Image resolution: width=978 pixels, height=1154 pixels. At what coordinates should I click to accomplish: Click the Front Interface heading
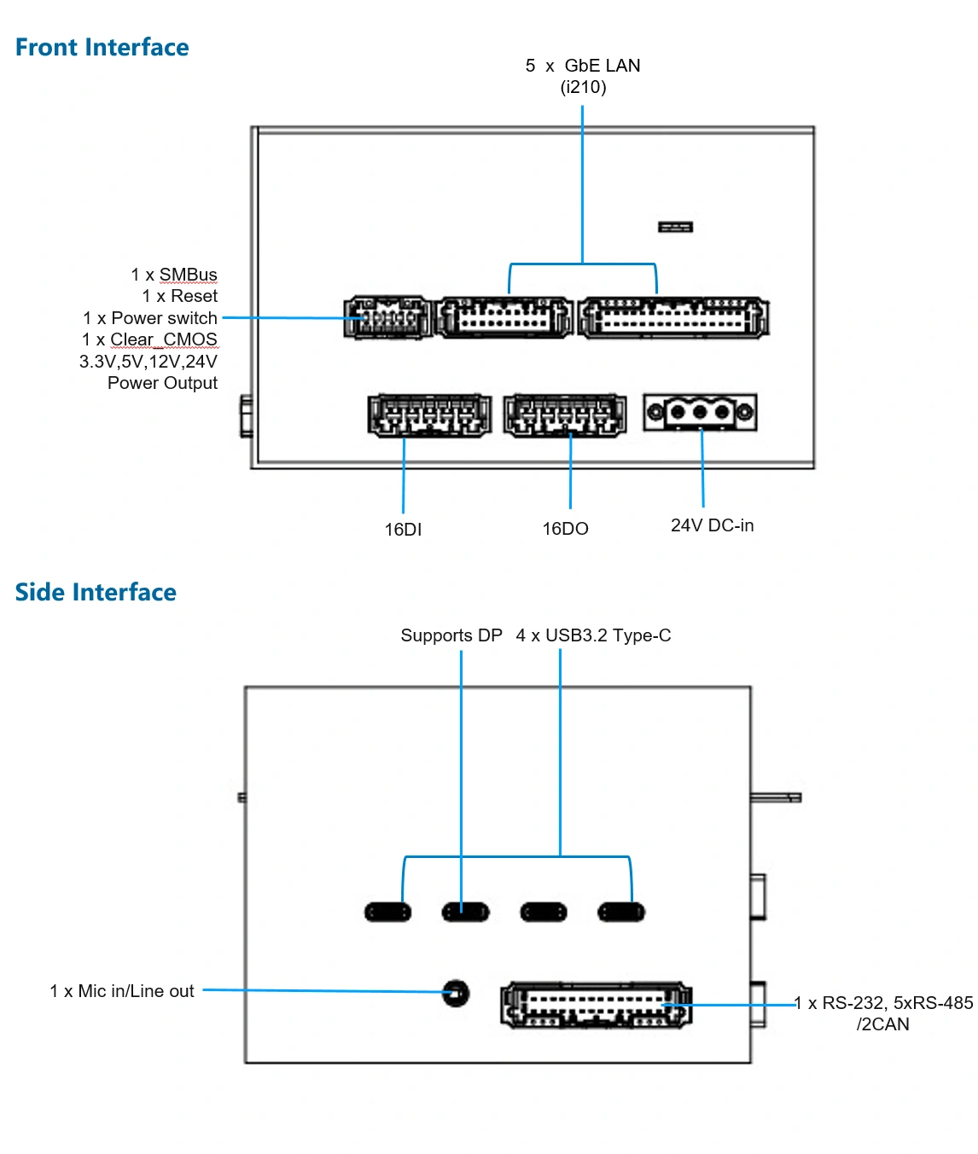coord(102,47)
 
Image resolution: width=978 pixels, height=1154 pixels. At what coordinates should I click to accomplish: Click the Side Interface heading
coord(96,592)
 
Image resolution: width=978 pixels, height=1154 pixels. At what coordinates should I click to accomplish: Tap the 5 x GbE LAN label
coord(583,66)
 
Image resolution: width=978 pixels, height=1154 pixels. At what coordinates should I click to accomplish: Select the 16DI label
coord(403,529)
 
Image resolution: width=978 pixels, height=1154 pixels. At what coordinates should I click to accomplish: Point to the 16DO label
coord(565,528)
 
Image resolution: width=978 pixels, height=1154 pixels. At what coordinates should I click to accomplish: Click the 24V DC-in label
coord(712,525)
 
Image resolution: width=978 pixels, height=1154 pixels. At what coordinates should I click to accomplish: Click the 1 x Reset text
coord(179,295)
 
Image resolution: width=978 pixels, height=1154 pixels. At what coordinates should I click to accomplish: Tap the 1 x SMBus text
coord(174,274)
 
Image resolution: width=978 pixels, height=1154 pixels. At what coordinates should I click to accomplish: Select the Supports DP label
coord(451,635)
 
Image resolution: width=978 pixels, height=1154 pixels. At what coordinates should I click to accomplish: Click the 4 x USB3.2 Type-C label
coord(593,635)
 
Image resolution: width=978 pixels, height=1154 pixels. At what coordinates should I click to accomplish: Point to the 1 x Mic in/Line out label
coord(122,990)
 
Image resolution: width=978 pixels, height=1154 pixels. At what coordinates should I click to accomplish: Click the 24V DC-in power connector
coord(700,413)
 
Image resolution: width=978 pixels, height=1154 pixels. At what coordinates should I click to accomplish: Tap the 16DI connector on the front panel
coord(429,415)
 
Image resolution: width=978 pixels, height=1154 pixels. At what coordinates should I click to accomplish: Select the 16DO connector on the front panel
coord(565,415)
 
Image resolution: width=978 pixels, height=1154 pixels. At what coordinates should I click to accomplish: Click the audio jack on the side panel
coord(455,993)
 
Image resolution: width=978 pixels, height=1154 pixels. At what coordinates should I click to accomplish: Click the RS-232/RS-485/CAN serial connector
coord(597,1005)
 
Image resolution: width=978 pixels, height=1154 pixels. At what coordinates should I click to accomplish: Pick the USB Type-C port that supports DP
coord(465,913)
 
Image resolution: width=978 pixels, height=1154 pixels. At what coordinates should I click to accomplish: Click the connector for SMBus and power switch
coord(388,317)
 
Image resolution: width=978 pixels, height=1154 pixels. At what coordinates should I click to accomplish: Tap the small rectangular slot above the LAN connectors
coord(675,227)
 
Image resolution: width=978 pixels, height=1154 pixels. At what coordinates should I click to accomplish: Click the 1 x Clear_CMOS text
coord(149,339)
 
